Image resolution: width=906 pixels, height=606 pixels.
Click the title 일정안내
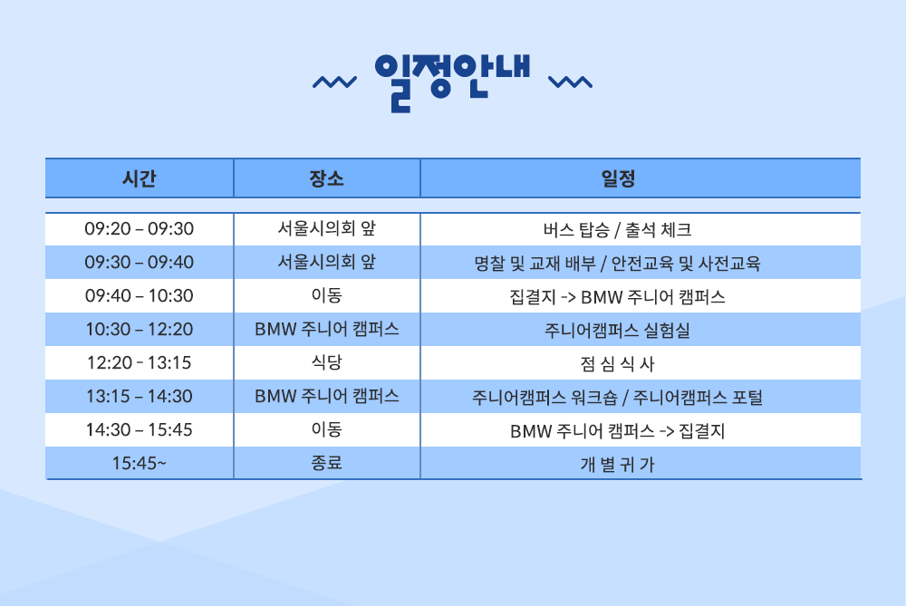tap(452, 82)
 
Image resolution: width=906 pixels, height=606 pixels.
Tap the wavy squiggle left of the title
tap(334, 82)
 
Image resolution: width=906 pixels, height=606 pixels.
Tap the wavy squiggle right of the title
tap(570, 82)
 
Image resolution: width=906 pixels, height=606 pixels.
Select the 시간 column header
tap(140, 178)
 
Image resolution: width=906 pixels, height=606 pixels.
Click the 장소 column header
tap(326, 178)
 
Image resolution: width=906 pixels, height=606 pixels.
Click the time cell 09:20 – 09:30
tap(140, 229)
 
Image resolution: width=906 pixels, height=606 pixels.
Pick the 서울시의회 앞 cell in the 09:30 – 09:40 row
tap(326, 263)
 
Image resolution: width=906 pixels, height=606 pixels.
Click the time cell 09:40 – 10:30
tap(140, 296)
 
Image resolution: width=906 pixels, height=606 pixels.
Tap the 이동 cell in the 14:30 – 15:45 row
tap(326, 429)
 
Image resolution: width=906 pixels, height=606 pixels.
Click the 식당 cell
tap(326, 362)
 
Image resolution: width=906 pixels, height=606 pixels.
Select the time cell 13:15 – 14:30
tap(140, 396)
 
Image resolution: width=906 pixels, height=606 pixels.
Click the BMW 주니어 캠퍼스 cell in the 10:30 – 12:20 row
tap(326, 330)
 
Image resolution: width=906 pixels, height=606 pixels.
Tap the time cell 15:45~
tap(140, 463)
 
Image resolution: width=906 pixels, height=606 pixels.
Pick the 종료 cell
tap(326, 463)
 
